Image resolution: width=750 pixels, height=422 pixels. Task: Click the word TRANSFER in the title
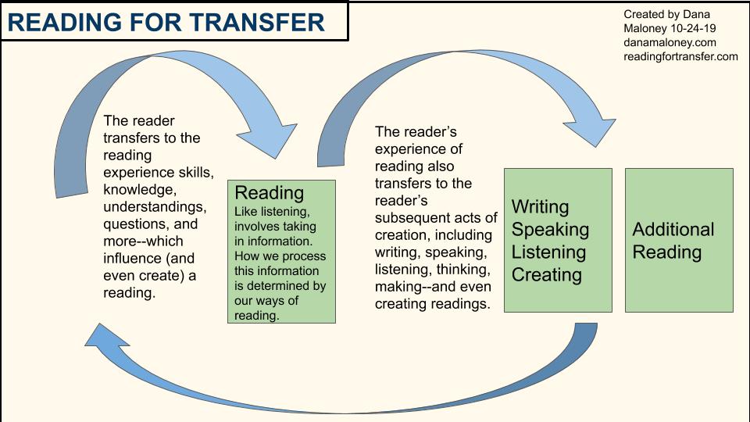(x=257, y=22)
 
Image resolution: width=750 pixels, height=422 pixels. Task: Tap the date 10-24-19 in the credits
(x=693, y=28)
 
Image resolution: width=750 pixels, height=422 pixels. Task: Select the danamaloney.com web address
(x=670, y=42)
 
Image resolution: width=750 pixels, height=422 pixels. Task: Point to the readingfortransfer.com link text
(x=680, y=56)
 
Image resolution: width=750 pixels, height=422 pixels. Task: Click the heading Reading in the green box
(x=270, y=193)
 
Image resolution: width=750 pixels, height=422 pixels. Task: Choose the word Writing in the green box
(x=541, y=206)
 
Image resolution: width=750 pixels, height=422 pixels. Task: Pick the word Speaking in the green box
(x=550, y=230)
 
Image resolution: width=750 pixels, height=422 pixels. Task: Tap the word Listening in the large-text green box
(x=548, y=252)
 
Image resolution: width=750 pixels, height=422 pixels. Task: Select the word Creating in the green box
(x=547, y=274)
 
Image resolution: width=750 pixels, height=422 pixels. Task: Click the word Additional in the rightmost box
(x=673, y=229)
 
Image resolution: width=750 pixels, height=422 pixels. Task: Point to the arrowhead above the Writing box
(x=590, y=132)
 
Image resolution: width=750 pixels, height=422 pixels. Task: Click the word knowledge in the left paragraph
(x=140, y=190)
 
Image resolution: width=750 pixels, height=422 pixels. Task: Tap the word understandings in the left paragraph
(x=155, y=207)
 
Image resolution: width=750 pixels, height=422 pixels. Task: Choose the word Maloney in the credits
(x=645, y=29)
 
